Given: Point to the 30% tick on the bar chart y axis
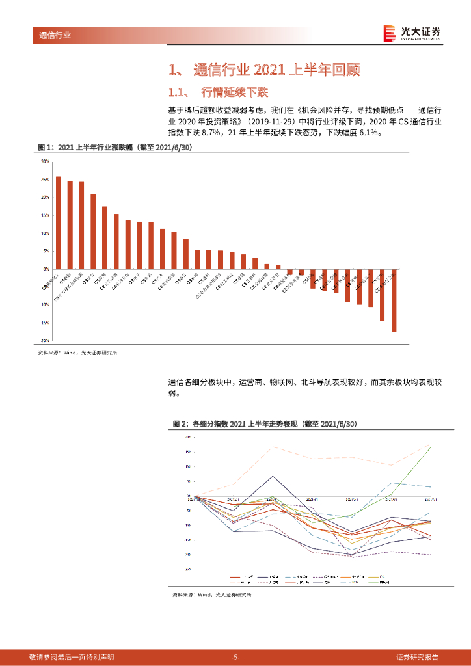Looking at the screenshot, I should point(45,161).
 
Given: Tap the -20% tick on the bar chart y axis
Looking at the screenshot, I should point(45,340).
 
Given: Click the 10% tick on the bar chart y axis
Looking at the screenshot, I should point(45,233).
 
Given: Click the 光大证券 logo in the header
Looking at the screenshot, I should point(412,33).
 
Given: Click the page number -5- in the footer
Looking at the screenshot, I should point(235,657).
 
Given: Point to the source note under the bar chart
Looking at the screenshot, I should point(77,353).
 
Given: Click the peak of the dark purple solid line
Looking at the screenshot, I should point(273,476).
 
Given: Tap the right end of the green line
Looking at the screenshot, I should point(430,447).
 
